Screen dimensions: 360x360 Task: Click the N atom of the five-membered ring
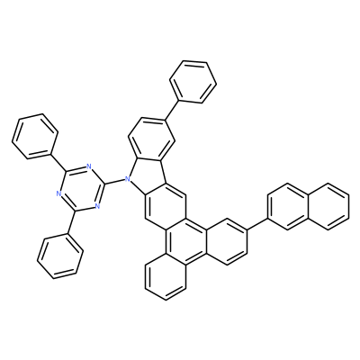(128, 180)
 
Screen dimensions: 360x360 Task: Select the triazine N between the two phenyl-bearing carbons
(58, 193)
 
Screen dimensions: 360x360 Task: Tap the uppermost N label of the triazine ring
(89, 166)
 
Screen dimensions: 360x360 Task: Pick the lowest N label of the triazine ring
(96, 206)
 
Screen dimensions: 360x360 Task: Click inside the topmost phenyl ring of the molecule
(193, 82)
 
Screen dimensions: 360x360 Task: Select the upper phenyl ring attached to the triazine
(35, 136)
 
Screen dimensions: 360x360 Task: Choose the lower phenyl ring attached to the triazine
(60, 256)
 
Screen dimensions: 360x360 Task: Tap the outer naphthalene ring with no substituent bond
(328, 206)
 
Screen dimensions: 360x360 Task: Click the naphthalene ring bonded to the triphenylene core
(288, 206)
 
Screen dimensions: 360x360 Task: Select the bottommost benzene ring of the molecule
(166, 276)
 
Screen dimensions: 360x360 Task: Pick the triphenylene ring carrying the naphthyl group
(227, 242)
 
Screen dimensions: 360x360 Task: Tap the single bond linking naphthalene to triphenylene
(257, 224)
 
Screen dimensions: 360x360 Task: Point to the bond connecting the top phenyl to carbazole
(173, 111)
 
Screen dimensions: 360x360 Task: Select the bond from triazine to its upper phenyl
(59, 162)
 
